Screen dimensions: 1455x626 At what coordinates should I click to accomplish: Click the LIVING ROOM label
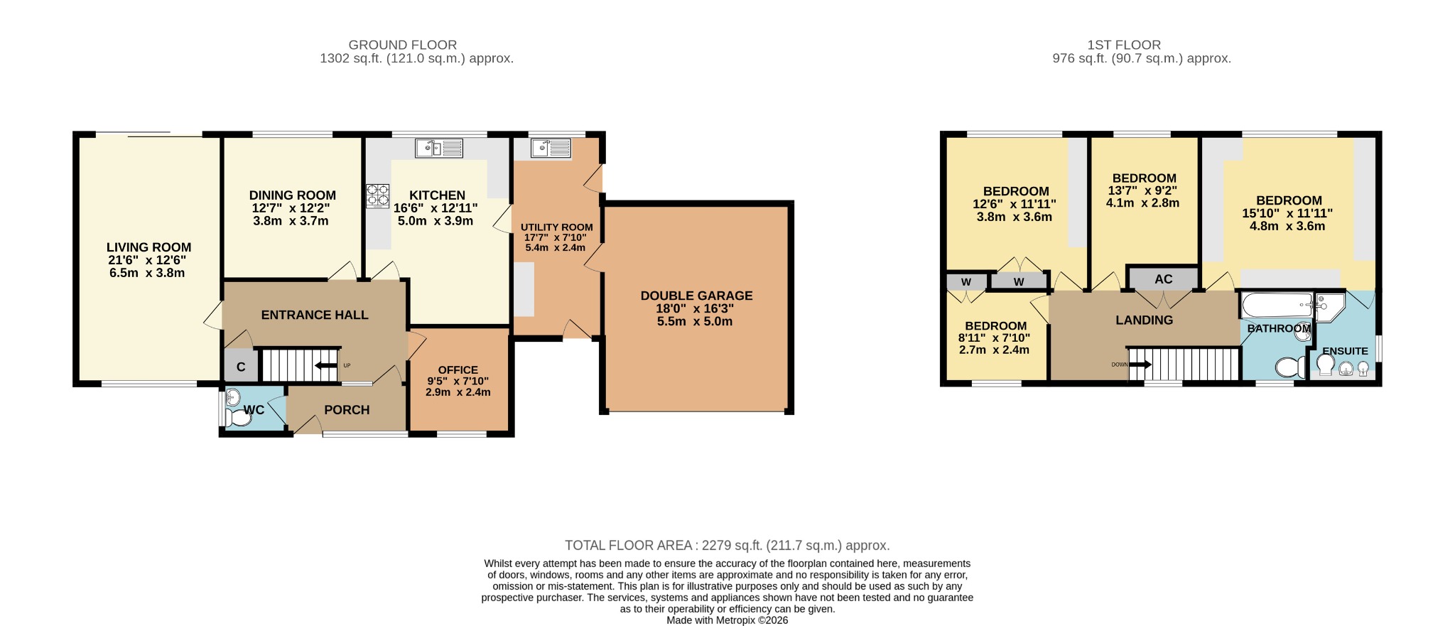(148, 247)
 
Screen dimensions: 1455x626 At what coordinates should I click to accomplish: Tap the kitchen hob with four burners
(378, 196)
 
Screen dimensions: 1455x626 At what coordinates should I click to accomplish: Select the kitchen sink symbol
(439, 148)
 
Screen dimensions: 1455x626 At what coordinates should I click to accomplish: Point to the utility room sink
(551, 148)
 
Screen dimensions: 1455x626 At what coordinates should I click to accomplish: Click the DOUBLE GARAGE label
(696, 296)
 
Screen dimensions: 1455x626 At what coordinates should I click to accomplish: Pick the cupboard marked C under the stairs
(241, 367)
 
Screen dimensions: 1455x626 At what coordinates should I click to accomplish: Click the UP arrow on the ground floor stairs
(327, 366)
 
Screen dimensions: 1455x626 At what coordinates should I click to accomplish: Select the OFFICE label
(458, 369)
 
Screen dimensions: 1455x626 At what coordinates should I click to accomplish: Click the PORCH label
(347, 410)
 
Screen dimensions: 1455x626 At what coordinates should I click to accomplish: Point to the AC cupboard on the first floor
(1163, 279)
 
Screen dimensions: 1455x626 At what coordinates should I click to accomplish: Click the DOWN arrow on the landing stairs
(1140, 365)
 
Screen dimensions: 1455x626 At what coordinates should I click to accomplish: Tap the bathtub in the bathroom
(1277, 306)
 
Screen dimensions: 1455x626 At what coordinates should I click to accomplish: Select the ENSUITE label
(1346, 351)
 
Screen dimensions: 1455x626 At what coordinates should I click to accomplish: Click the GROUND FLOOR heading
(403, 45)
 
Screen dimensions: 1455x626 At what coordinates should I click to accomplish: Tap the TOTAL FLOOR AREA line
(727, 546)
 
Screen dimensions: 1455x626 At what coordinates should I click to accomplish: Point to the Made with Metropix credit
(727, 620)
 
